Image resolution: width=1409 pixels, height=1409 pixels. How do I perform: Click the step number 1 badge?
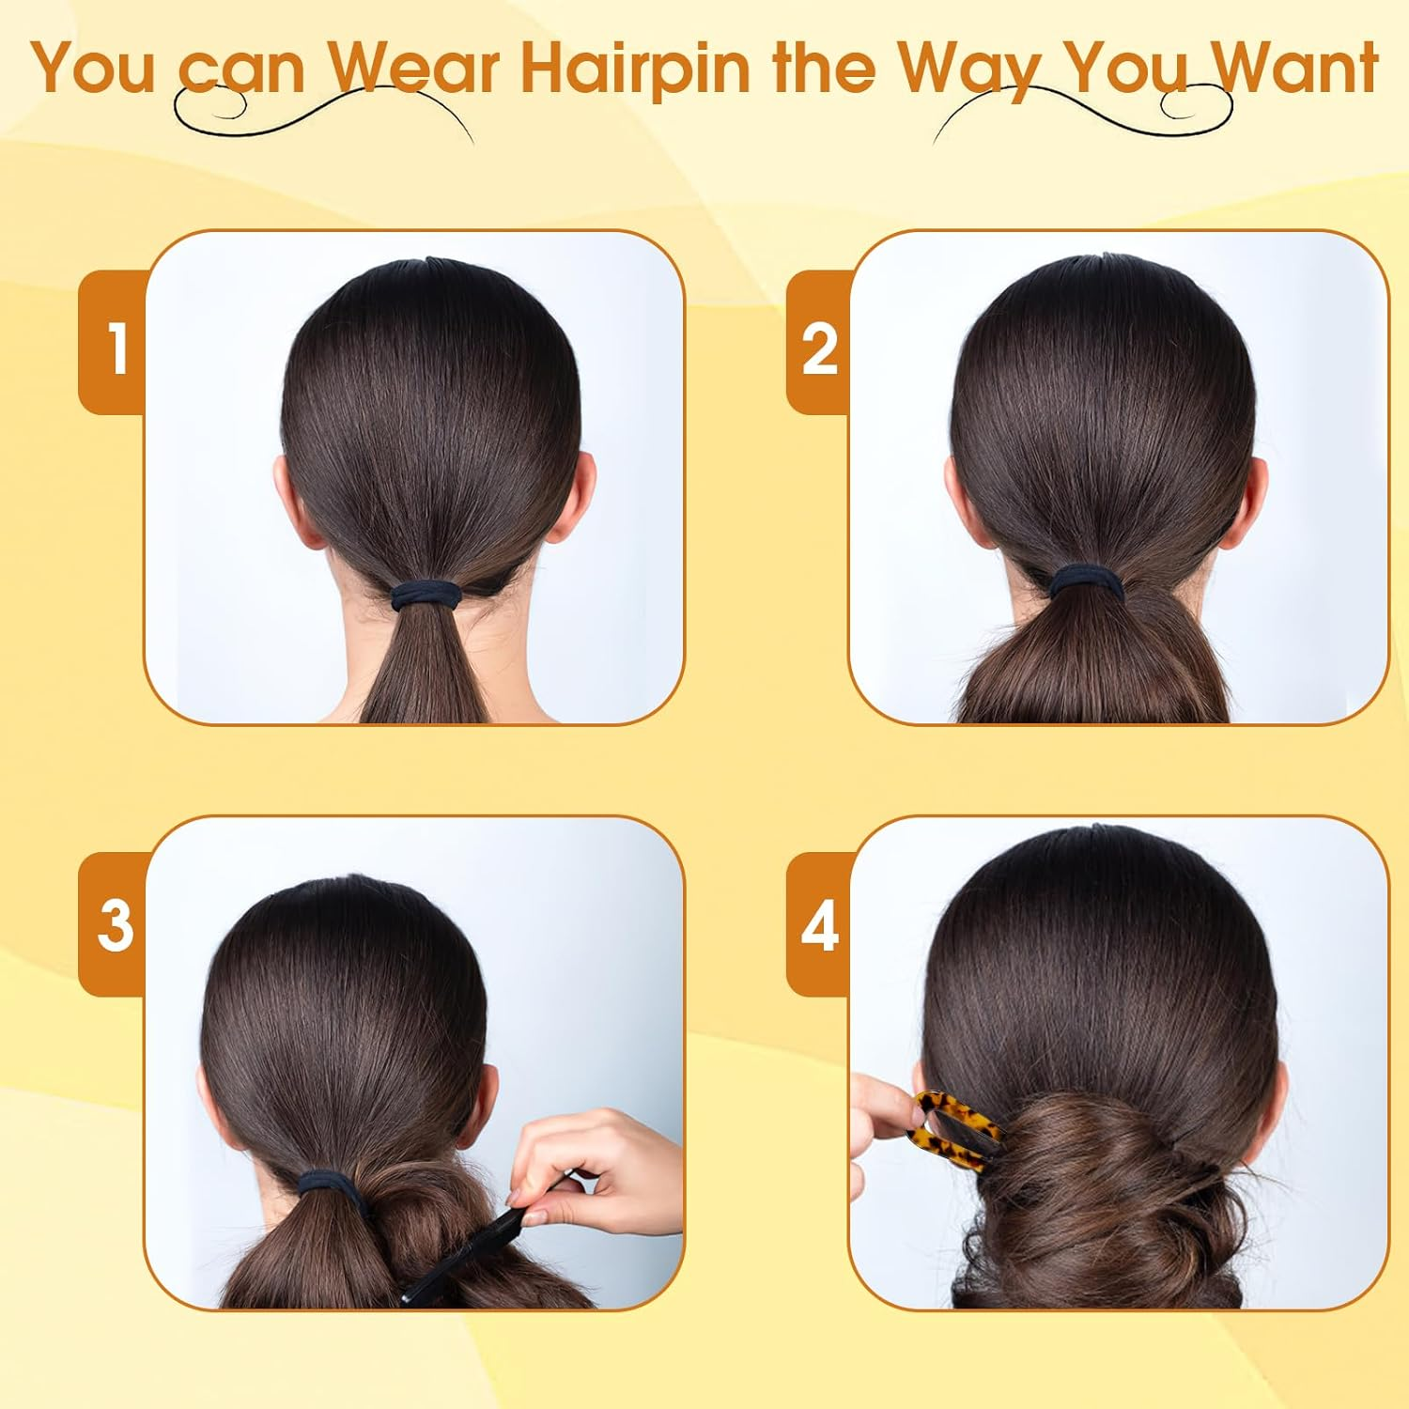[x=113, y=342]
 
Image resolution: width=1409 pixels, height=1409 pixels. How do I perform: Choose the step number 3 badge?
[x=113, y=924]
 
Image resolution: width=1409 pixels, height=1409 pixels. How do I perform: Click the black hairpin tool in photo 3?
[x=465, y=1254]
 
